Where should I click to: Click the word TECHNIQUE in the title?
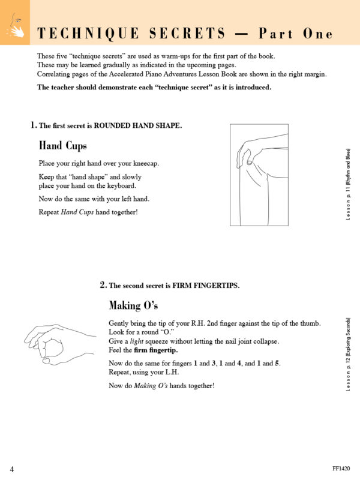(86, 34)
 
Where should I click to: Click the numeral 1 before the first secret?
(33, 125)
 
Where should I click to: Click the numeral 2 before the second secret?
(103, 285)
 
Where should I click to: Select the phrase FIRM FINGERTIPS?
(206, 286)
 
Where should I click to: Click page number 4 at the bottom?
(12, 469)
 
